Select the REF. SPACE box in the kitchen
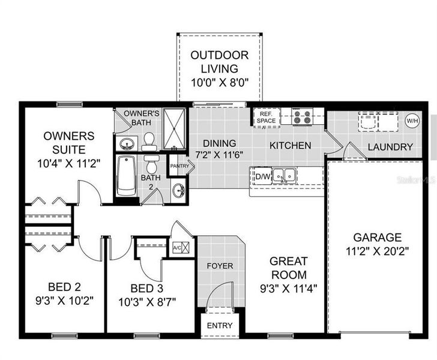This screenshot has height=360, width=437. (265, 117)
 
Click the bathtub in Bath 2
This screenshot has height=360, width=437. (127, 176)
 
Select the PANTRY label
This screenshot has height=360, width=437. (179, 166)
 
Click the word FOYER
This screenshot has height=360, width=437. (220, 265)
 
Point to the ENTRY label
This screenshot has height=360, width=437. (220, 325)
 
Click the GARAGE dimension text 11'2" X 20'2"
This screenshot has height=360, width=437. (378, 251)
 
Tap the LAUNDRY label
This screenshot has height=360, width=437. (390, 147)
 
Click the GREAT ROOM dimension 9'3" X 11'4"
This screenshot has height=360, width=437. (289, 287)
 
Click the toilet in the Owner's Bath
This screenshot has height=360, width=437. (149, 142)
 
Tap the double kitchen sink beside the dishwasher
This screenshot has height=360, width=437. (285, 176)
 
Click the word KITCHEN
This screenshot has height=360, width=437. (290, 145)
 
